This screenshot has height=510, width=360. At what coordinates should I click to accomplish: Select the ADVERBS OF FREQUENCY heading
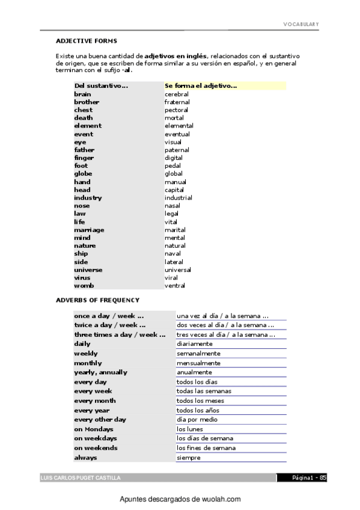point(97,300)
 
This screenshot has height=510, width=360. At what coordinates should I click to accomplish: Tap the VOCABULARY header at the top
point(301,24)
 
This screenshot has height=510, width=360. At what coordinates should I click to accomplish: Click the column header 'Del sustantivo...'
point(101,86)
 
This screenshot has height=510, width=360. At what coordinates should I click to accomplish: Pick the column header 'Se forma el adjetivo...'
point(201,86)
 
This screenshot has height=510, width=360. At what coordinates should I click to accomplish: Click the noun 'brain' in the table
point(82,94)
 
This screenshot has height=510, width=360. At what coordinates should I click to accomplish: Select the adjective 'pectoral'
point(176,110)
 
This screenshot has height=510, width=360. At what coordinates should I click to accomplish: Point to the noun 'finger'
point(84,158)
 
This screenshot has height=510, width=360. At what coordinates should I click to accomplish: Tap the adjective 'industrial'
point(178,198)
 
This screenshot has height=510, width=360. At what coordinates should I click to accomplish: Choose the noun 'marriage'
point(89,230)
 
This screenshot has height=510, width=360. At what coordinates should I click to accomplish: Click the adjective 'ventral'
point(175,286)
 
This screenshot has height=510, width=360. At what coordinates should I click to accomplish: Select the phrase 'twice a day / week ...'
point(109,325)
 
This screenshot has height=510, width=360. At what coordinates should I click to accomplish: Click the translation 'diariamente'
point(194,343)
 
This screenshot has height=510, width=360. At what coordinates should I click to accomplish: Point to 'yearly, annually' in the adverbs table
point(100,372)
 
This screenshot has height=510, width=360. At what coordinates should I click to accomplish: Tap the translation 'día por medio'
point(197,419)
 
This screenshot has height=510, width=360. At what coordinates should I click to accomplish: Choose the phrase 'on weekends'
point(96,447)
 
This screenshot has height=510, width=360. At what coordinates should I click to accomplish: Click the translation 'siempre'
point(188,458)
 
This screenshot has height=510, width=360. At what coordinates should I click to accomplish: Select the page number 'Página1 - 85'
point(309,478)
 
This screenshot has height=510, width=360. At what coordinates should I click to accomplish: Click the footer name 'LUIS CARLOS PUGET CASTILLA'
point(80,478)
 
